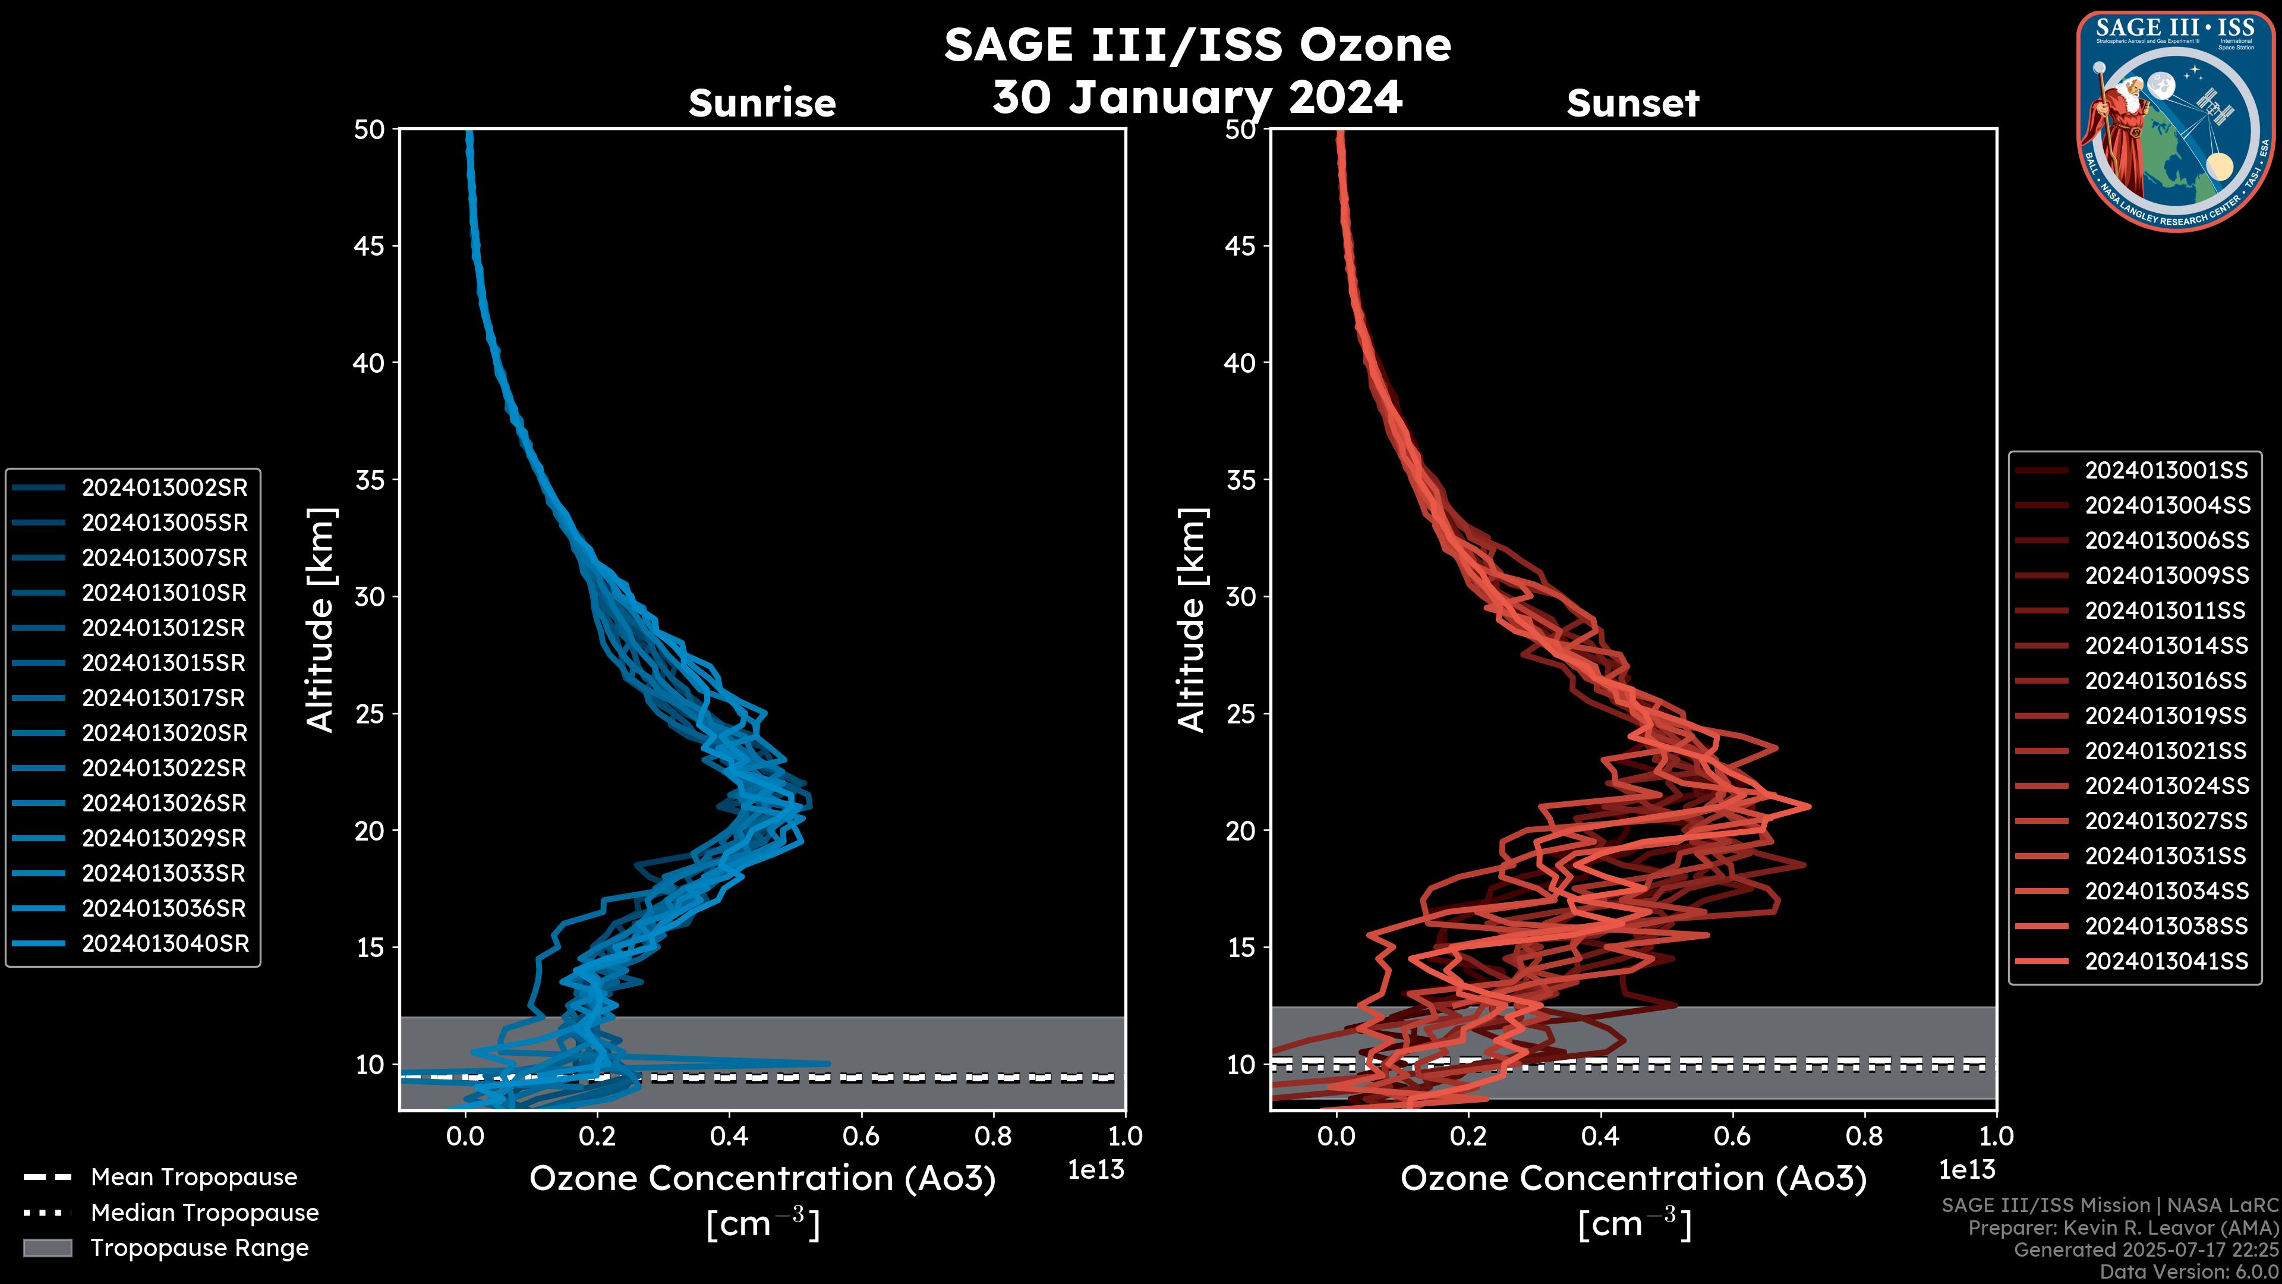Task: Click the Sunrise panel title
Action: (x=762, y=103)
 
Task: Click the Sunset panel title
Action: (x=1632, y=103)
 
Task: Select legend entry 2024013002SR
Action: (x=164, y=487)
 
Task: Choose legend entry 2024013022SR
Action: (x=164, y=768)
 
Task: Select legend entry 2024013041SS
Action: (x=2166, y=961)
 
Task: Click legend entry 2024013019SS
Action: (x=2166, y=716)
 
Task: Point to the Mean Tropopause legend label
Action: (x=194, y=1177)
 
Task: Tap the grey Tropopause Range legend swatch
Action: (x=48, y=1248)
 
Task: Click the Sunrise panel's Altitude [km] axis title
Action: (x=321, y=619)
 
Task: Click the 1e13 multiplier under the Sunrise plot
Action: (x=1096, y=1170)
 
